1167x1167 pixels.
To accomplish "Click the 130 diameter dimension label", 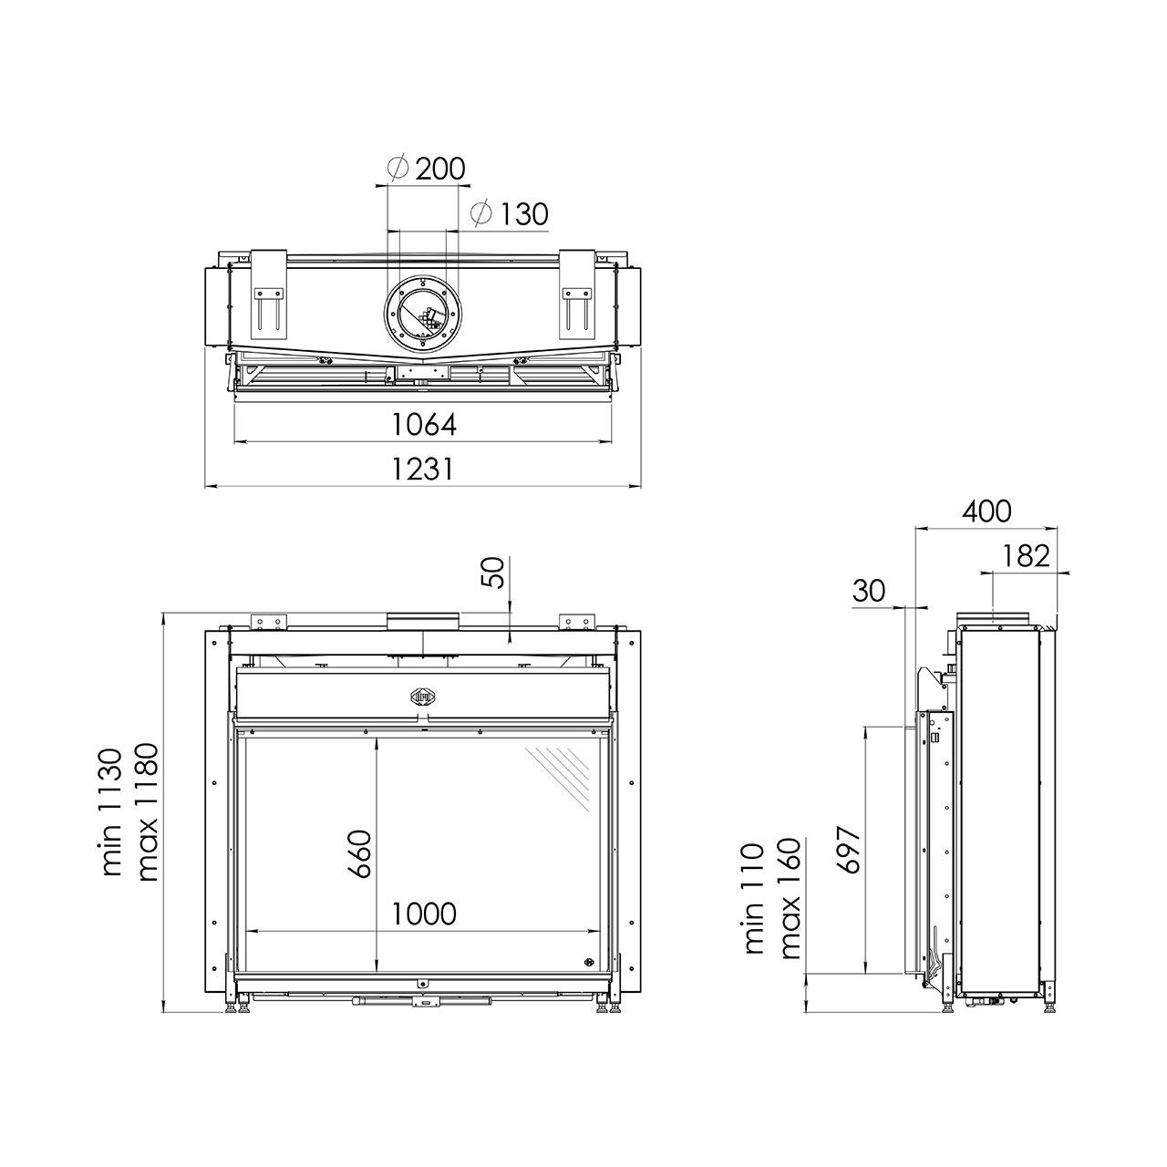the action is [510, 213].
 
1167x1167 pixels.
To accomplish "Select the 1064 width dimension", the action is [424, 425].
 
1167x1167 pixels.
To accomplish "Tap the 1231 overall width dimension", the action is [423, 469].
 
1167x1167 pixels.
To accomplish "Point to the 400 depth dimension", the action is [986, 511].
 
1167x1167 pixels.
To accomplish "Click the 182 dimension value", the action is [1026, 556].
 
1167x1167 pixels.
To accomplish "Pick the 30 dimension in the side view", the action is [869, 591].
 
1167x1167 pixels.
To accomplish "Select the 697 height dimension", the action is [849, 850].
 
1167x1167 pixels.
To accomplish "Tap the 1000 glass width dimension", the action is [424, 914].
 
